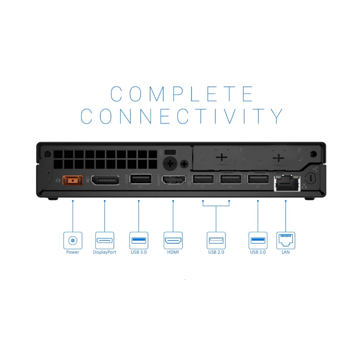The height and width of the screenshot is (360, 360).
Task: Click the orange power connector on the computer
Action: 72,180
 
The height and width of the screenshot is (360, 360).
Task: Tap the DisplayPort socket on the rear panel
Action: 105,180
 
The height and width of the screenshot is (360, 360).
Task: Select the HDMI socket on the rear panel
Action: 174,180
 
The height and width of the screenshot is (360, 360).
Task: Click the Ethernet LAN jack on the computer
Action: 287,183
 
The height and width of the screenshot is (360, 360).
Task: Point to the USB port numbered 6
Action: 141,179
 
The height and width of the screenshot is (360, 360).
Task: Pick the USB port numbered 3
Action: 258,179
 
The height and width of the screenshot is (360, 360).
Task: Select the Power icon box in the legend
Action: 73,240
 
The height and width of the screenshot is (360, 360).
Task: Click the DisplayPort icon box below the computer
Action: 104,240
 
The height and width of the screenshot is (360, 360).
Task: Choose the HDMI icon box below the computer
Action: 173,240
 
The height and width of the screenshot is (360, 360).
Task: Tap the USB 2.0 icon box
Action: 216,240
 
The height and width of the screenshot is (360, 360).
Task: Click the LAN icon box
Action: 285,240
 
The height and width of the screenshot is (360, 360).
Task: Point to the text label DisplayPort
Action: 104,252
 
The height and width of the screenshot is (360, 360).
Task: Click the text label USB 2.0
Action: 216,252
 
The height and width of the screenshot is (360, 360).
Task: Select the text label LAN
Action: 285,252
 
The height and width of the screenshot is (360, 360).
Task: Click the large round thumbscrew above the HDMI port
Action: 170,163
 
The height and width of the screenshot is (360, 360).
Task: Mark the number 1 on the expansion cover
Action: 241,150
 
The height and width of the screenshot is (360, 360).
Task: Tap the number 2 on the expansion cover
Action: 299,150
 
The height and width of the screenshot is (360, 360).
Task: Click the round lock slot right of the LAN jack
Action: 310,178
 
